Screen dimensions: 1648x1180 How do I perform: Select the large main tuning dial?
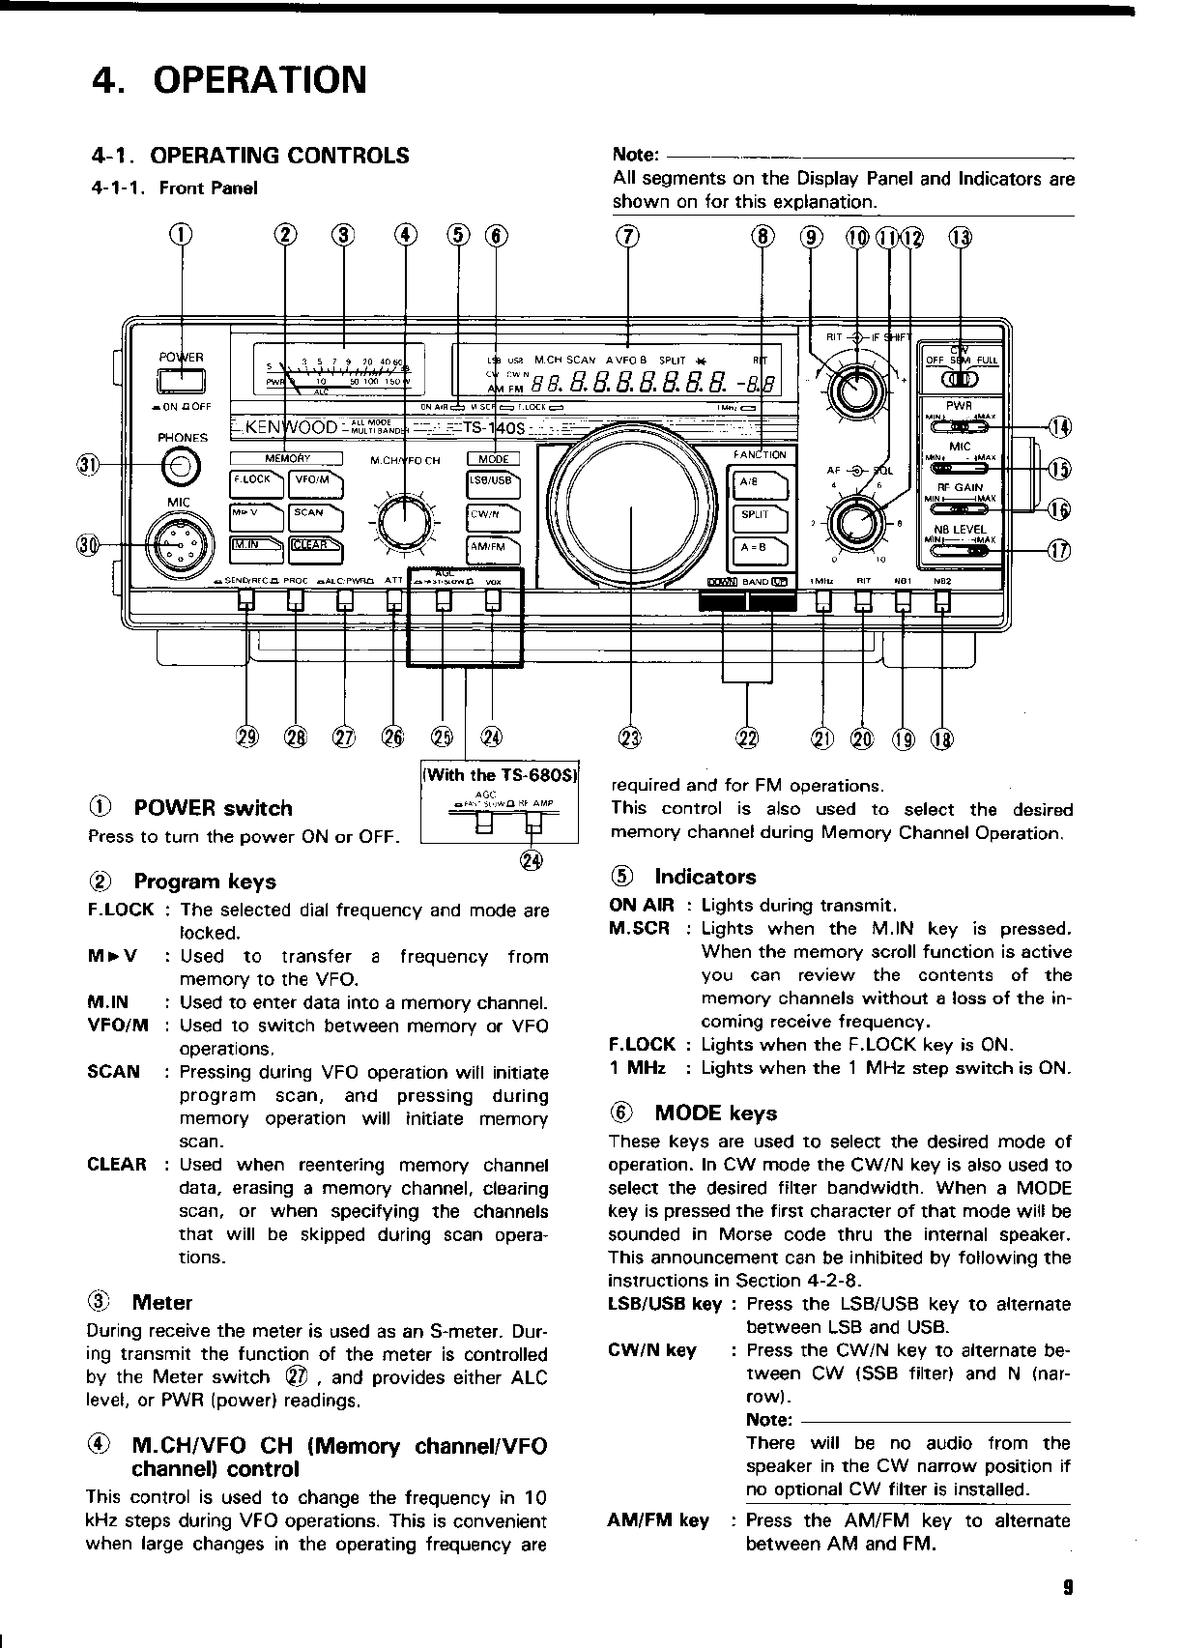click(630, 507)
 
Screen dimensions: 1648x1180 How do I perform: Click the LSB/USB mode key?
click(493, 480)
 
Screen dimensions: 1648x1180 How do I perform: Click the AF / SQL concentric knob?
click(854, 522)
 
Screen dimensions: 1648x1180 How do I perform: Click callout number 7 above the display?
click(629, 237)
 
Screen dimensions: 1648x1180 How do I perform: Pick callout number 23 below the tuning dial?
click(629, 739)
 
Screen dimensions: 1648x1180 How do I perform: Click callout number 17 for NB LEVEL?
click(1059, 551)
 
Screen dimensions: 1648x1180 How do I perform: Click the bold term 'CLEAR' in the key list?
click(117, 1165)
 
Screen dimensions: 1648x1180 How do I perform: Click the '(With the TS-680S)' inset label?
click(499, 774)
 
